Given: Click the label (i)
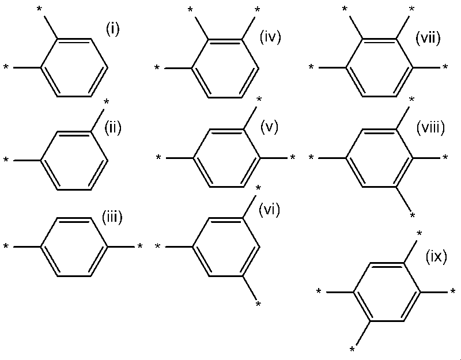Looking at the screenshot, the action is pyautogui.click(x=112, y=30).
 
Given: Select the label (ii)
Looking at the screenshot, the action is pyautogui.click(x=113, y=128).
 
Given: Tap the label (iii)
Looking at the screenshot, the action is pyautogui.click(x=112, y=218).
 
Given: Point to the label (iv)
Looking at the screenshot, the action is pyautogui.click(x=270, y=37).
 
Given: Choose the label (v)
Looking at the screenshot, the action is pyautogui.click(x=269, y=127).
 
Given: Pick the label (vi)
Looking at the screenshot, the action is pyautogui.click(x=269, y=210).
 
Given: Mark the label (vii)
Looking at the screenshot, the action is pyautogui.click(x=428, y=39).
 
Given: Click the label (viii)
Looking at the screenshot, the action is pyautogui.click(x=430, y=128).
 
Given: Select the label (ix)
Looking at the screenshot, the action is pyautogui.click(x=437, y=256).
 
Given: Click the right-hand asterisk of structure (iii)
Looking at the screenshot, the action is pyautogui.click(x=140, y=247).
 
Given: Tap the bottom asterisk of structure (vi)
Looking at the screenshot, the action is pyautogui.click(x=258, y=304).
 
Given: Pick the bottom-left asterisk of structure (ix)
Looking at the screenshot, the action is pyautogui.click(x=352, y=350).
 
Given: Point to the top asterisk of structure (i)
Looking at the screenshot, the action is pyautogui.click(x=39, y=9).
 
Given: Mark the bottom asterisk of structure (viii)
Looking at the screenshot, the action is pyautogui.click(x=413, y=215).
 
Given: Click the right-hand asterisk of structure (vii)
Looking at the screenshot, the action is pyautogui.click(x=445, y=67).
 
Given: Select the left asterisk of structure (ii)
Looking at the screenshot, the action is pyautogui.click(x=6, y=160).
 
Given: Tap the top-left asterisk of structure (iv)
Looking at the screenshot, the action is pyautogui.click(x=190, y=10).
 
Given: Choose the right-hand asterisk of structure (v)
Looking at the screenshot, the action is pyautogui.click(x=293, y=157).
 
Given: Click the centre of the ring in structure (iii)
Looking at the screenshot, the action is pyautogui.click(x=74, y=247).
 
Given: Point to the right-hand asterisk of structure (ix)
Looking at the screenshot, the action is pyautogui.click(x=453, y=292).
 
